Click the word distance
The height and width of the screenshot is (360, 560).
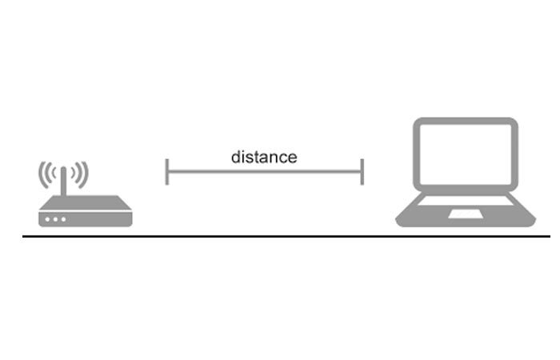pos(264,157)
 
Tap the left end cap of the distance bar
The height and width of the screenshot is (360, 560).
pos(166,172)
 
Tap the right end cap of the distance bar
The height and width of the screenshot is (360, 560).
pos(362,172)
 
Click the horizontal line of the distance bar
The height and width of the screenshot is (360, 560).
pos(264,172)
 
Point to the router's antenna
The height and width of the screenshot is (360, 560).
pos(63,181)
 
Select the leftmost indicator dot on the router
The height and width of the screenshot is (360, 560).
pos(47,219)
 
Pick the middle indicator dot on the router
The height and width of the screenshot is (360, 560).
pos(55,219)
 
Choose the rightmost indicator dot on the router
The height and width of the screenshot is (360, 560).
pos(63,219)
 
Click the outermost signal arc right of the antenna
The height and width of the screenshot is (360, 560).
pos(86,174)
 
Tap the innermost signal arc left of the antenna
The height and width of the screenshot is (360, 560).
pos(53,174)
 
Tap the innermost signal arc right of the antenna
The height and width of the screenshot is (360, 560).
pos(74,174)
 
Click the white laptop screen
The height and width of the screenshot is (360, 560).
pos(466,154)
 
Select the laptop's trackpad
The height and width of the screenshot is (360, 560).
pos(466,214)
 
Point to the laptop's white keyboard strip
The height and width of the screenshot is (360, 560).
pos(466,201)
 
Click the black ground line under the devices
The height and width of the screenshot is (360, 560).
pos(286,236)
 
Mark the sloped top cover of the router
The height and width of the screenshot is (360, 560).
pos(86,203)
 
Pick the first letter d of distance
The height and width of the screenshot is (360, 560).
pos(236,157)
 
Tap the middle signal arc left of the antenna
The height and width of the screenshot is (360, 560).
pos(46,174)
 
